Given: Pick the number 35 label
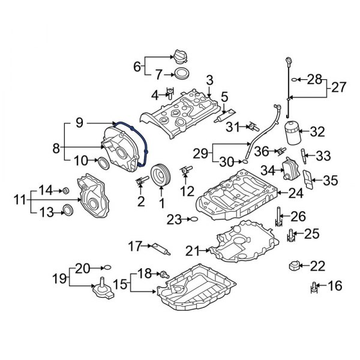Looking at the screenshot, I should click(x=330, y=179).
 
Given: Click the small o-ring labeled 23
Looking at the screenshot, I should click(x=192, y=220).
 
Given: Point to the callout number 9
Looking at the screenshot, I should click(x=78, y=124).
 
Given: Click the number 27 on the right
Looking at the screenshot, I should click(x=339, y=87).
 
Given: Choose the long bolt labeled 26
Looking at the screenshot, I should click(x=278, y=220).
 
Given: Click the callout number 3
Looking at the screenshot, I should click(x=209, y=80).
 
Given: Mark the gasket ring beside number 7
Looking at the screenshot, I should click(x=179, y=75).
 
